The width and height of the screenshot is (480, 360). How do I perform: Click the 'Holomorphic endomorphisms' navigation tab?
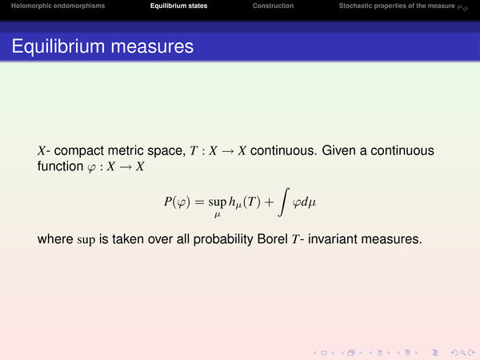click(58, 6)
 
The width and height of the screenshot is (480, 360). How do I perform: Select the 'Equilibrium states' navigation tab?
click(178, 6)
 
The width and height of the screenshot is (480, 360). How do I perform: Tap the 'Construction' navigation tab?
click(273, 6)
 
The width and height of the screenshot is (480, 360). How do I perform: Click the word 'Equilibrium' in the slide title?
click(58, 46)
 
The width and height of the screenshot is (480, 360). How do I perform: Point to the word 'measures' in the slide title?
click(152, 47)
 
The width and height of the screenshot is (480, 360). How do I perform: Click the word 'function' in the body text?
click(60, 166)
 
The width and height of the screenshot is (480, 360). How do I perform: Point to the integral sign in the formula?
click(283, 202)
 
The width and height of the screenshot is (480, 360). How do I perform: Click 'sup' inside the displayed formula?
click(218, 202)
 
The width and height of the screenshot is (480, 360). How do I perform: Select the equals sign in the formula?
click(199, 202)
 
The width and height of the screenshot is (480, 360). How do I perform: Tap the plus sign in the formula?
click(269, 202)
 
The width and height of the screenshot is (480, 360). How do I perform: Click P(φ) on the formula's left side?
click(177, 202)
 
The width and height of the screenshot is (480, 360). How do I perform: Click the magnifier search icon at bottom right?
click(463, 353)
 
